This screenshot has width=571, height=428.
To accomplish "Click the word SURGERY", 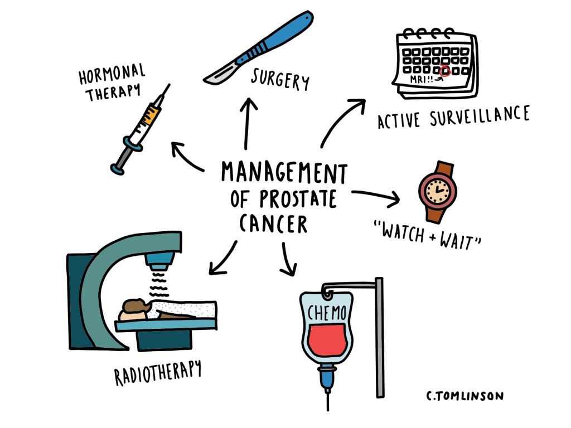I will click(x=280, y=79).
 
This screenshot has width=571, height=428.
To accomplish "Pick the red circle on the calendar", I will click(x=444, y=71).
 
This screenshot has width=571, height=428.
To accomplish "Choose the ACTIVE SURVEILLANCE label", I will click(x=453, y=117).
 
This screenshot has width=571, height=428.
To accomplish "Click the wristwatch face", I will click(x=437, y=191).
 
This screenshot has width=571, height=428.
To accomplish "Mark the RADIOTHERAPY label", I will click(x=158, y=372).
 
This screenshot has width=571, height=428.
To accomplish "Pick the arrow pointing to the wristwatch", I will click(x=377, y=196).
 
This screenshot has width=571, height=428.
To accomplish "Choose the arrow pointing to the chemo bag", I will click(x=288, y=259).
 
